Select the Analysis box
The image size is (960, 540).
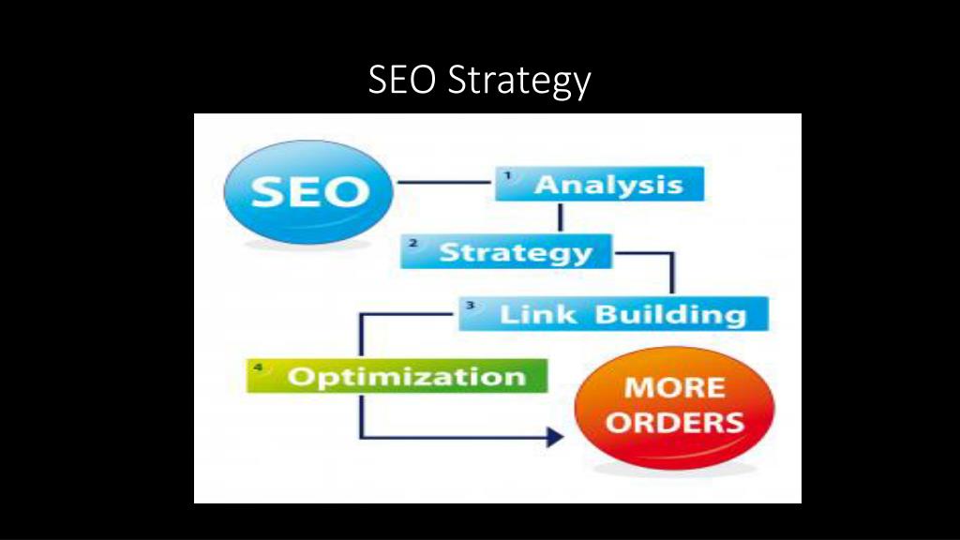pyautogui.click(x=599, y=184)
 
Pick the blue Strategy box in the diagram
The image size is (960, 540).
pyautogui.click(x=506, y=252)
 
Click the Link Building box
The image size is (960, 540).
pyautogui.click(x=613, y=313)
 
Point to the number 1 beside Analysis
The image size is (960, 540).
pyautogui.click(x=508, y=175)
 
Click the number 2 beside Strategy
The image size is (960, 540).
pyautogui.click(x=413, y=243)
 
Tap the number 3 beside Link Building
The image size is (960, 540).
pyautogui.click(x=471, y=305)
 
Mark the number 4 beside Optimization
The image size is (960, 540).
pyautogui.click(x=259, y=367)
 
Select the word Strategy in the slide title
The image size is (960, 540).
pyautogui.click(x=518, y=82)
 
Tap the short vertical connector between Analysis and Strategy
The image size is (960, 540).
pyautogui.click(x=560, y=217)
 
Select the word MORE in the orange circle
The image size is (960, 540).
pyautogui.click(x=675, y=387)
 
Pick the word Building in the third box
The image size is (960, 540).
pyautogui.click(x=671, y=314)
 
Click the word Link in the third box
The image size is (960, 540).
pyautogui.click(x=540, y=314)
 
